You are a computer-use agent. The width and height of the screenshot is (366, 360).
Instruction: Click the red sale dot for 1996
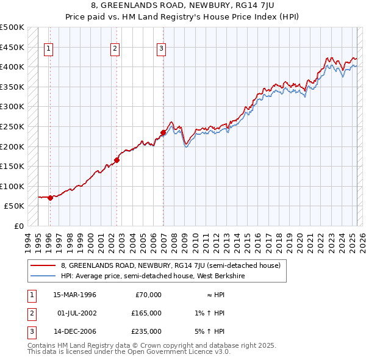(x=50, y=198)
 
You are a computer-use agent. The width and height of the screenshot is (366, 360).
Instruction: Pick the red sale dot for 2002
(x=117, y=160)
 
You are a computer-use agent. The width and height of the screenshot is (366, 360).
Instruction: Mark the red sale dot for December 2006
(x=163, y=132)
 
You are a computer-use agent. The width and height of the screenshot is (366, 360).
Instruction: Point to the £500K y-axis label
(x=12, y=27)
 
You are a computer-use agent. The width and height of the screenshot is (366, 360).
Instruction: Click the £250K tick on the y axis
(x=12, y=126)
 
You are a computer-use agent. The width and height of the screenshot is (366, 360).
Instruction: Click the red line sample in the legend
(x=43, y=265)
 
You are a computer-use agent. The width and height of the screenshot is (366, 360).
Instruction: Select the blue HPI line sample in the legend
(x=43, y=276)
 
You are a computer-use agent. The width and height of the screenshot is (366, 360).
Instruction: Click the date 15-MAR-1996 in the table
(x=74, y=295)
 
